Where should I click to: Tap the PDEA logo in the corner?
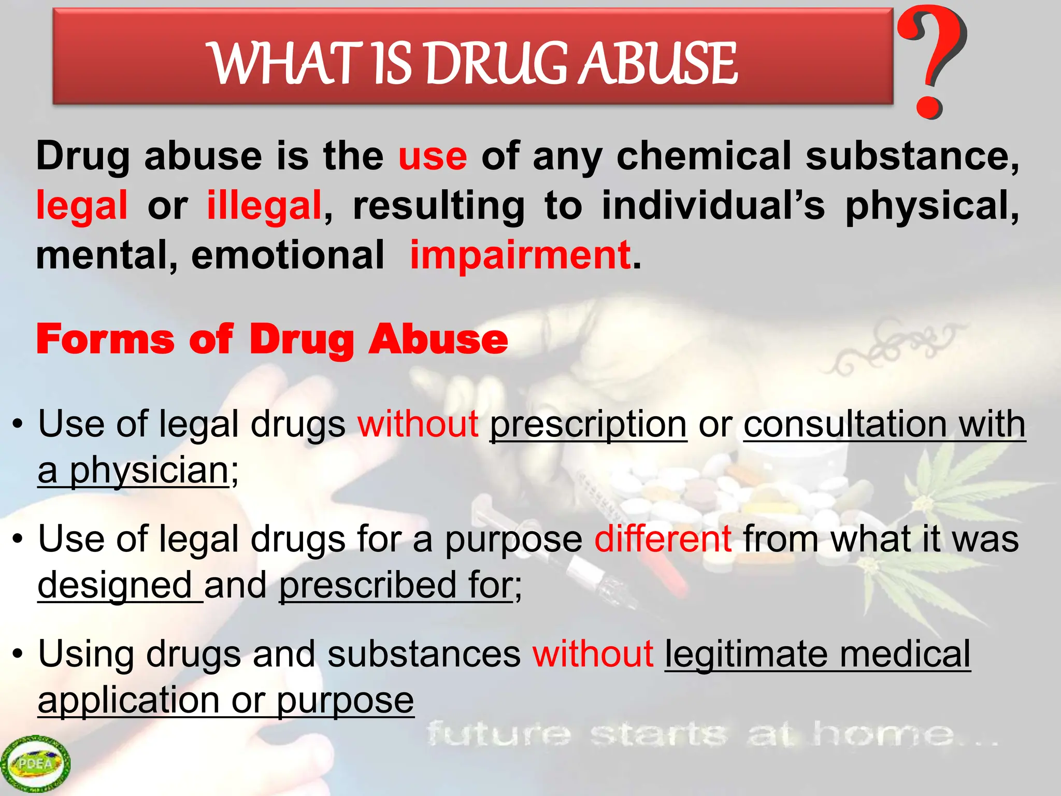[x=35, y=763]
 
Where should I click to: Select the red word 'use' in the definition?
[x=433, y=157]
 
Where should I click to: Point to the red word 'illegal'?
[x=264, y=206]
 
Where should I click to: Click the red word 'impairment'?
[x=520, y=255]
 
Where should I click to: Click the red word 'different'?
[x=663, y=539]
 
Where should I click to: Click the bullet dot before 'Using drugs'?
[x=18, y=654]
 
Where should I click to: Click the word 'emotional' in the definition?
[x=288, y=255]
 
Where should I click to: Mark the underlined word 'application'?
[x=128, y=701]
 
